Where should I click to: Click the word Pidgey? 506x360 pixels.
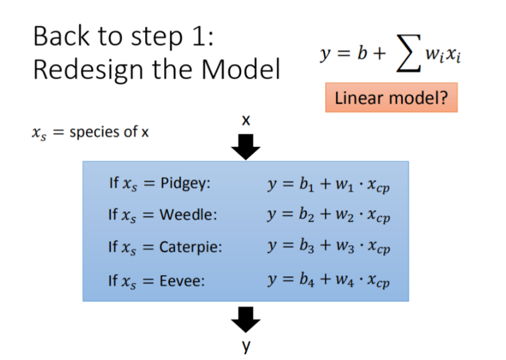tap(185, 184)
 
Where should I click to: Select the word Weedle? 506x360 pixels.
tap(188, 214)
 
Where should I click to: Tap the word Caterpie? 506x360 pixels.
tap(190, 248)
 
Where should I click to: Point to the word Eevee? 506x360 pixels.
tap(182, 281)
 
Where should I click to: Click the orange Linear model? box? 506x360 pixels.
tap(391, 98)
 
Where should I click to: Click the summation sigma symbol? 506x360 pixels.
tap(409, 53)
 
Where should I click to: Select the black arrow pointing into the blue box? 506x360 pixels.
tap(246, 147)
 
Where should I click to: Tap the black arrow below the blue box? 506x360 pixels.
tap(246, 320)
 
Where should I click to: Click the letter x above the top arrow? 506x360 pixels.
tap(246, 120)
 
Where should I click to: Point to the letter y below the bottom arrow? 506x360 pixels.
tap(246, 346)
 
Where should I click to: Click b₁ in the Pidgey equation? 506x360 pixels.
tap(306, 185)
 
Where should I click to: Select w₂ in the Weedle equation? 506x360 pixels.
tap(345, 215)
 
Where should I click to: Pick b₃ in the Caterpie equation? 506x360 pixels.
tap(306, 246)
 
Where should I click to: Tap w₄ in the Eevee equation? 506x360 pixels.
tap(345, 280)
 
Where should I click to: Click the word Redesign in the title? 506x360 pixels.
tap(88, 70)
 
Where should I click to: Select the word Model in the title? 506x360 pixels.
tap(241, 69)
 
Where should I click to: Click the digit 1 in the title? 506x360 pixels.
tap(198, 36)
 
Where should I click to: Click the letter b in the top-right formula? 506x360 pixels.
tap(362, 53)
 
